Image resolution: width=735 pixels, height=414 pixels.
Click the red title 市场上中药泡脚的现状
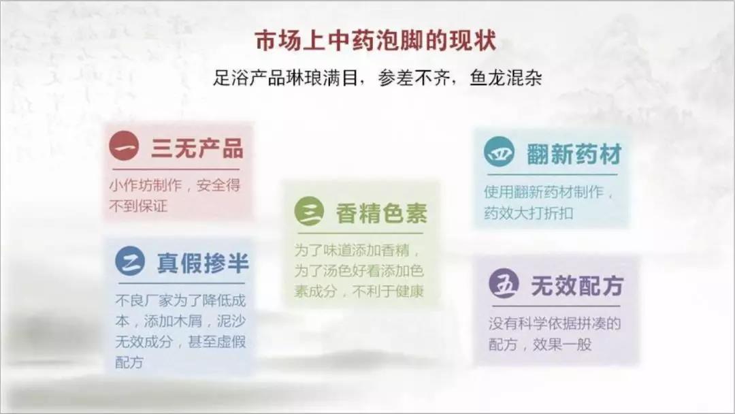click(376, 41)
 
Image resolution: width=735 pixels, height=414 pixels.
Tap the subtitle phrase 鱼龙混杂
click(506, 78)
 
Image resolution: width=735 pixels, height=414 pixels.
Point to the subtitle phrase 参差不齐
click(414, 78)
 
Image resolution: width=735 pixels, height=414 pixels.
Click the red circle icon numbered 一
click(125, 146)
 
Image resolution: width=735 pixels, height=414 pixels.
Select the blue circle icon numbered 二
click(130, 261)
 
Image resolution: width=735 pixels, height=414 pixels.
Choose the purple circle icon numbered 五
click(504, 284)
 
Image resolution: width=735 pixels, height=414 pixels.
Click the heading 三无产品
click(197, 148)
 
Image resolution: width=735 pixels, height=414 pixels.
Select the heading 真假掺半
click(203, 263)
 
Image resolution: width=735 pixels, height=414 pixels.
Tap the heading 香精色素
click(382, 213)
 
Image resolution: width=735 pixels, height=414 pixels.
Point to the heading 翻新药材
click(574, 154)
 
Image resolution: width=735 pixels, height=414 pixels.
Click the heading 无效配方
click(577, 285)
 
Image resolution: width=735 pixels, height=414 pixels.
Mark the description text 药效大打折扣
click(529, 213)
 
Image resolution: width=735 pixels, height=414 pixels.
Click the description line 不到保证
click(138, 206)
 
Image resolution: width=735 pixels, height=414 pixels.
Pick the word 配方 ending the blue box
click(129, 362)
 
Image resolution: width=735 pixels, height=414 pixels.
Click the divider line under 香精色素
click(361, 233)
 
